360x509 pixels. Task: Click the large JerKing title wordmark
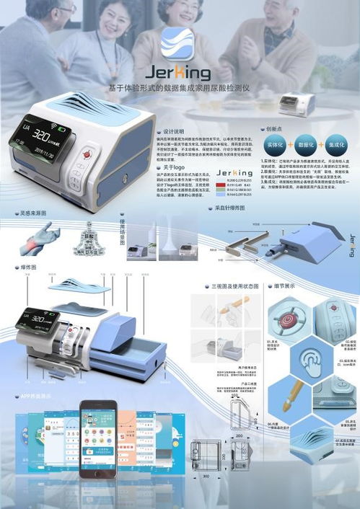179,74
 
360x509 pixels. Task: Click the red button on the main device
88,154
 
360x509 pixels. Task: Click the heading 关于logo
170,167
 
